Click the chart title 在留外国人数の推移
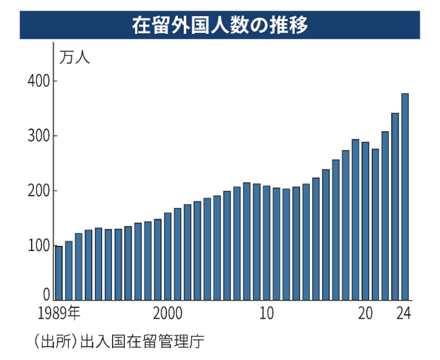pos(220,26)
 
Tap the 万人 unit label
pos(74,58)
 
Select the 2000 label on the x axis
pos(168,313)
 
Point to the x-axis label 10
pos(266,313)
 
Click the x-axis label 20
pos(365,313)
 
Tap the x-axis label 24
pos(404,313)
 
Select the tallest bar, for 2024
pos(405,196)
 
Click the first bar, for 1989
pos(59,273)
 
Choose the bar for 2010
pos(266,243)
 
